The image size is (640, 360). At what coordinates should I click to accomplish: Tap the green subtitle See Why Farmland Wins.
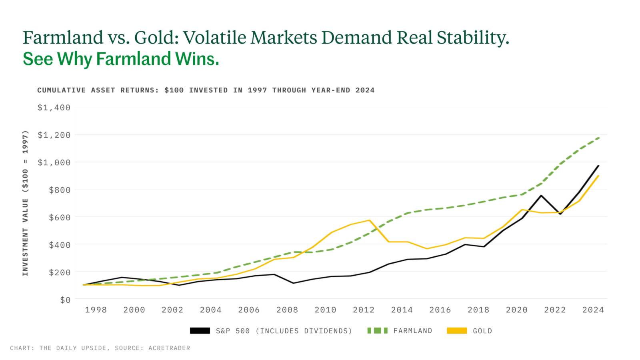pyautogui.click(x=121, y=59)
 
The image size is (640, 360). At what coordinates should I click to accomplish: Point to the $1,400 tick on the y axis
pyautogui.click(x=54, y=108)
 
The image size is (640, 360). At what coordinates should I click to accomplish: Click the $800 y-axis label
pyautogui.click(x=59, y=190)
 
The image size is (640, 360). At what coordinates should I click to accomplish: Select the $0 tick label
pyautogui.click(x=65, y=300)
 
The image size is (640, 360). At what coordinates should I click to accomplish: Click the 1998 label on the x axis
pyautogui.click(x=96, y=310)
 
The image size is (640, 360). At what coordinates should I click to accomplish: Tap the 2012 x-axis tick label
pyautogui.click(x=364, y=310)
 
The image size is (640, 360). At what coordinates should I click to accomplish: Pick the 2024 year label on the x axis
pyautogui.click(x=593, y=310)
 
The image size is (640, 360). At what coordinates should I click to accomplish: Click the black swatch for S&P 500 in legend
pyautogui.click(x=200, y=331)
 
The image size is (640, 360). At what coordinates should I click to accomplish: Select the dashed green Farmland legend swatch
pyautogui.click(x=377, y=331)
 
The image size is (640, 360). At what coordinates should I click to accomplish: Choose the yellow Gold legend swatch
pyautogui.click(x=457, y=331)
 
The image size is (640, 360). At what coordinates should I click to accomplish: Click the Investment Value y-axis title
pyautogui.click(x=25, y=203)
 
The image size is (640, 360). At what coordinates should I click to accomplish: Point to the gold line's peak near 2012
pyautogui.click(x=370, y=220)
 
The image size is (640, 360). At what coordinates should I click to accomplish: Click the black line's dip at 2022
pyautogui.click(x=560, y=214)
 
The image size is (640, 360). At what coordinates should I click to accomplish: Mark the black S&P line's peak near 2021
pyautogui.click(x=541, y=196)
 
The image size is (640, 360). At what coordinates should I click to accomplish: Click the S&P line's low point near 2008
pyautogui.click(x=293, y=283)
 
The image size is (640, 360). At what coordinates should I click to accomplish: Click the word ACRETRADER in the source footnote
pyautogui.click(x=169, y=348)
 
